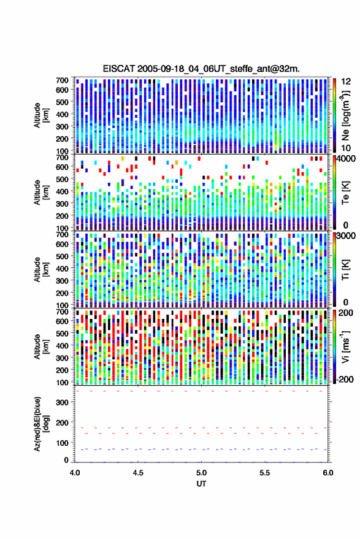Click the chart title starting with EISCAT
(x=201, y=69)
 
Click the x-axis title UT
(x=201, y=484)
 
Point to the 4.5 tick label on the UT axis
(x=138, y=473)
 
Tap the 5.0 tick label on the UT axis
(x=202, y=473)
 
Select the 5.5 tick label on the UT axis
(x=265, y=473)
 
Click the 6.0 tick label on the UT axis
(x=328, y=473)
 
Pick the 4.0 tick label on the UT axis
(x=75, y=473)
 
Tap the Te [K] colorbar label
(x=345, y=193)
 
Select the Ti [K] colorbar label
(x=345, y=270)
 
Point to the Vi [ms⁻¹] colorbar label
(x=345, y=346)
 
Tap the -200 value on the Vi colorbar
(x=346, y=380)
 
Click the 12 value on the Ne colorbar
(x=346, y=82)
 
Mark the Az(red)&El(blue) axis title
(x=41, y=424)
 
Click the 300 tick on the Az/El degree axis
(x=62, y=402)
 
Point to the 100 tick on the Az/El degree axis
(x=62, y=443)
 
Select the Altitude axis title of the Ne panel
(x=41, y=115)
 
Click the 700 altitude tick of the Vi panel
(x=62, y=312)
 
